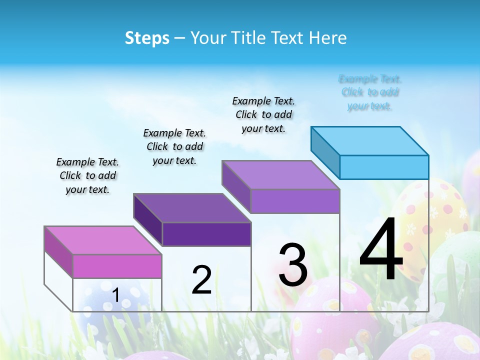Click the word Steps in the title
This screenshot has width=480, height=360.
pos(147,38)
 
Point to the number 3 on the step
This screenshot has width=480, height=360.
pos(293,265)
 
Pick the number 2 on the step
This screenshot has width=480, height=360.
pos(201,280)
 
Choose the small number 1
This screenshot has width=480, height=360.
pos(115,295)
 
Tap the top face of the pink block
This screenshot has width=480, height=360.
pos(103,240)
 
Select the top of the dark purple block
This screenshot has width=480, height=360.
pos(192,207)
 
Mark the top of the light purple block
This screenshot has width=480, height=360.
pos(281,175)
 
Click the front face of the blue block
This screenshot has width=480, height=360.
pos(384,167)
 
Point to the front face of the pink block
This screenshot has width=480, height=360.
pos(117,266)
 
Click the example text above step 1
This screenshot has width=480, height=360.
pos(87,176)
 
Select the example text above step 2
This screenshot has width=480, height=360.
pos(174,147)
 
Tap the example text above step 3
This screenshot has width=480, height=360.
pos(263,114)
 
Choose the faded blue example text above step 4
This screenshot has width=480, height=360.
pos(370,92)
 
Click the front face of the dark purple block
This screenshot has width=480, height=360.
pos(206,234)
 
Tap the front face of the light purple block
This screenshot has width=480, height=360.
pos(295,201)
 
